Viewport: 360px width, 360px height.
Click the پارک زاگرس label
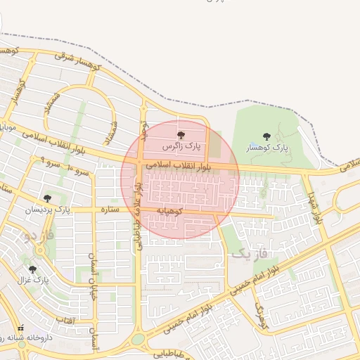pyautogui.click(x=182, y=147)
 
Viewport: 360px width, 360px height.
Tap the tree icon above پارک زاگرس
pyautogui.click(x=182, y=134)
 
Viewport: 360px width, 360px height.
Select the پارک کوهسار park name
pyautogui.click(x=267, y=148)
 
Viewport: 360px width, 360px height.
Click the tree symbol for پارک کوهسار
pyautogui.click(x=266, y=136)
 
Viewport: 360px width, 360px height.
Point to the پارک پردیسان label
pyautogui.click(x=48, y=210)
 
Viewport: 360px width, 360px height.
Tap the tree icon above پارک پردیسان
pyautogui.click(x=47, y=198)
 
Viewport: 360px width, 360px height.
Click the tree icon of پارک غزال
pyautogui.click(x=32, y=269)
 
